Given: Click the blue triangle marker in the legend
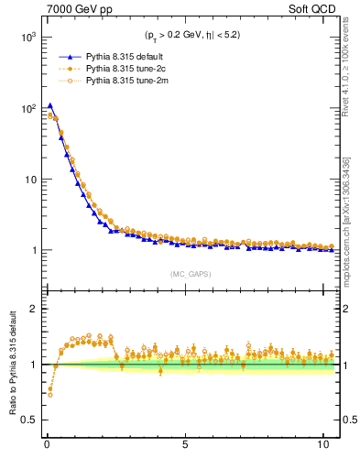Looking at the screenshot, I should click(65, 56).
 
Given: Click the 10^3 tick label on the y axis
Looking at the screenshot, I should click(25, 38).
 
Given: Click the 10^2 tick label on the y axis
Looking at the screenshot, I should click(25, 108).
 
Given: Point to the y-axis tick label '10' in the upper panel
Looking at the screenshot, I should click(27, 180).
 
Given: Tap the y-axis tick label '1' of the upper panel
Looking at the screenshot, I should click(31, 250).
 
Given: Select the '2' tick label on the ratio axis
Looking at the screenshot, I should click(31, 309).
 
